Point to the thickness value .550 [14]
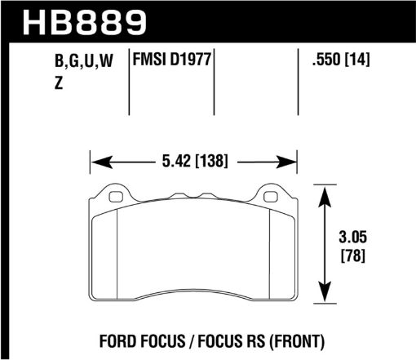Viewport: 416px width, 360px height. [x=338, y=60]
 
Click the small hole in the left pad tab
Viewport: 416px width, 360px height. [x=115, y=196]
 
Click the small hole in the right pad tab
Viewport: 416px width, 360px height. [x=269, y=196]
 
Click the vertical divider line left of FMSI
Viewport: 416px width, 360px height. [x=131, y=82]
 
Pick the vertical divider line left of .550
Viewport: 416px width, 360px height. [x=297, y=82]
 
